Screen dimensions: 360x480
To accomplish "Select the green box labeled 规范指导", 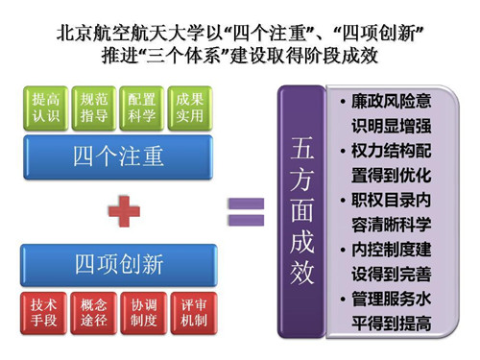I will pyautogui.click(x=93, y=108).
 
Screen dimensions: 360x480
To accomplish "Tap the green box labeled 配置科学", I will pyautogui.click(x=142, y=108).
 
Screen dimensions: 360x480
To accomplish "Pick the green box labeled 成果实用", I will pyautogui.click(x=190, y=108).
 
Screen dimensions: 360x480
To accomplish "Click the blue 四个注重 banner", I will pyautogui.click(x=118, y=156).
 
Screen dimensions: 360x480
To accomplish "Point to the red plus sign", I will pyautogui.click(x=122, y=209).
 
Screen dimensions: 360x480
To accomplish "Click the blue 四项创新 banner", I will pyautogui.click(x=118, y=264).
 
